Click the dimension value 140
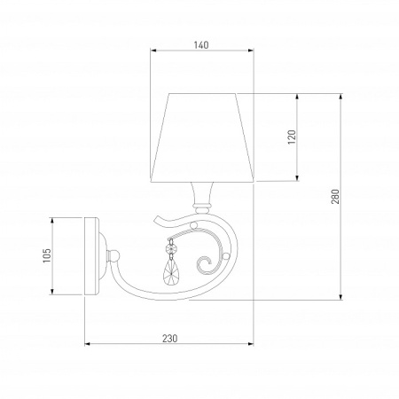[x=201, y=45]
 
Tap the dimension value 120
[x=292, y=137]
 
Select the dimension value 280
[x=335, y=196]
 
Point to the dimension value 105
[x=47, y=255]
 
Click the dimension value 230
[x=170, y=339]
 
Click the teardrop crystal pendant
[x=171, y=272]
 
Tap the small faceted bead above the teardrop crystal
[x=170, y=250]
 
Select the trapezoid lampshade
[x=202, y=137]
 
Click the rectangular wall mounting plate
[x=91, y=256]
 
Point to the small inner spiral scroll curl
[x=205, y=265]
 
